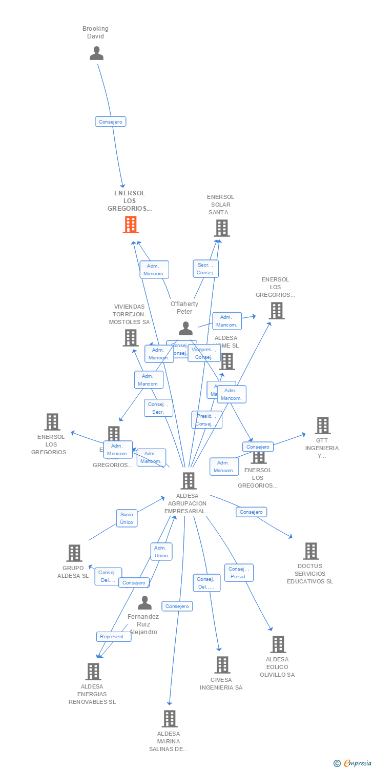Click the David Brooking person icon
[96, 53]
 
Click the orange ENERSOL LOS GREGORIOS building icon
[131, 225]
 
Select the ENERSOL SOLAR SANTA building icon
[221, 228]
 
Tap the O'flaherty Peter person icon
[185, 328]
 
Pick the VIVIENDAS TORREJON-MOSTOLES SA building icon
[131, 338]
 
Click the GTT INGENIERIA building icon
[322, 425]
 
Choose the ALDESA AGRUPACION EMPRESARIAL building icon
[189, 481]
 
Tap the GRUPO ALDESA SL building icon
[74, 553]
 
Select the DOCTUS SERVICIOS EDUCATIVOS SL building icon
[310, 551]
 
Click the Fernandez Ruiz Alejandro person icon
[145, 603]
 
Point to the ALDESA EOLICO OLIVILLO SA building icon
[278, 644]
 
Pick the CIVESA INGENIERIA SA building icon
[222, 665]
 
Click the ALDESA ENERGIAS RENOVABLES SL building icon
[93, 672]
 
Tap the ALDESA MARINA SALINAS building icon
[170, 719]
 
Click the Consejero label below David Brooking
[110, 122]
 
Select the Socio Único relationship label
[127, 518]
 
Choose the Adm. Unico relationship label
[161, 552]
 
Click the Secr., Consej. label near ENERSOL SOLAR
[205, 269]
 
